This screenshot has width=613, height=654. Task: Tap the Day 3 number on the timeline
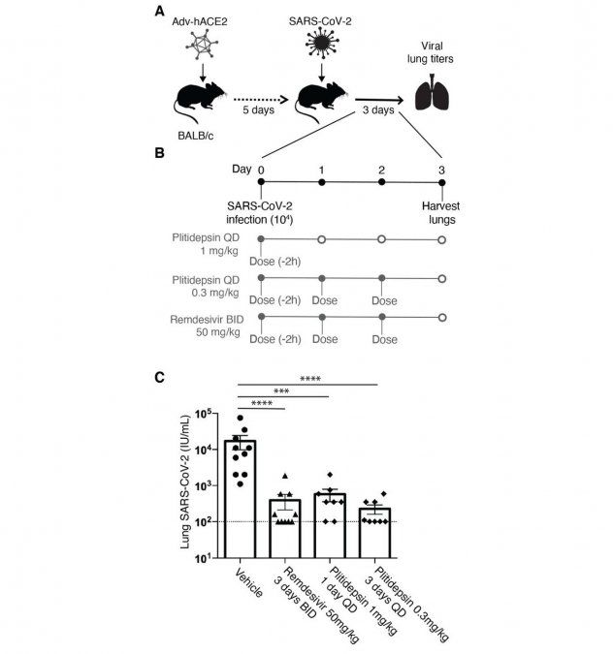(x=443, y=169)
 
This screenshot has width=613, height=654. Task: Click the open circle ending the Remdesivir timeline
(x=443, y=317)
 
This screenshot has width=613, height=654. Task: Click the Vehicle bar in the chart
(x=240, y=499)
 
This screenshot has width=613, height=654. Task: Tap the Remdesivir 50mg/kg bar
(x=285, y=528)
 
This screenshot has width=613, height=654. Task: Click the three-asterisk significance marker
(x=281, y=390)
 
